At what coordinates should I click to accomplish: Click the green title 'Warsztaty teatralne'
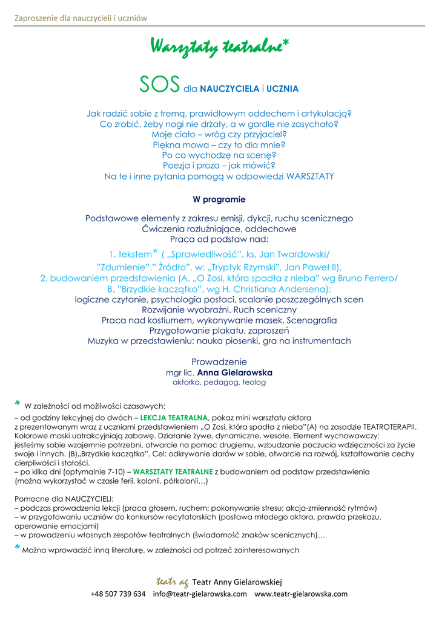[215, 47]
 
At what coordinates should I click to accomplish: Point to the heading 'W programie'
[219, 199]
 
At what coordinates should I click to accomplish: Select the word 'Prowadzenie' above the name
[219, 361]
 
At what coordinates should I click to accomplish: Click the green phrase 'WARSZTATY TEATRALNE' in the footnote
[173, 471]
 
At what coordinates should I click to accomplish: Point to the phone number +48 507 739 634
[117, 594]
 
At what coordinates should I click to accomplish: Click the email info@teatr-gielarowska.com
[200, 594]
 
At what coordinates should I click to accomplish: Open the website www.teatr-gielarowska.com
[301, 594]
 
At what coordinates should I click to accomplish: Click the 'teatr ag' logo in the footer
[171, 582]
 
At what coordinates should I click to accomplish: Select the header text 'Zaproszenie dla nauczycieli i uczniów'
[81, 18]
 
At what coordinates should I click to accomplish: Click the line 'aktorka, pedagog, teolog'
[219, 382]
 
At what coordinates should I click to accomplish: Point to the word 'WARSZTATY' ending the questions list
[306, 177]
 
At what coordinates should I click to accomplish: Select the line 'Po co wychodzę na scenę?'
[219, 155]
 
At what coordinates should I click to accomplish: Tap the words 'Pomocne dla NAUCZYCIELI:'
[64, 499]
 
